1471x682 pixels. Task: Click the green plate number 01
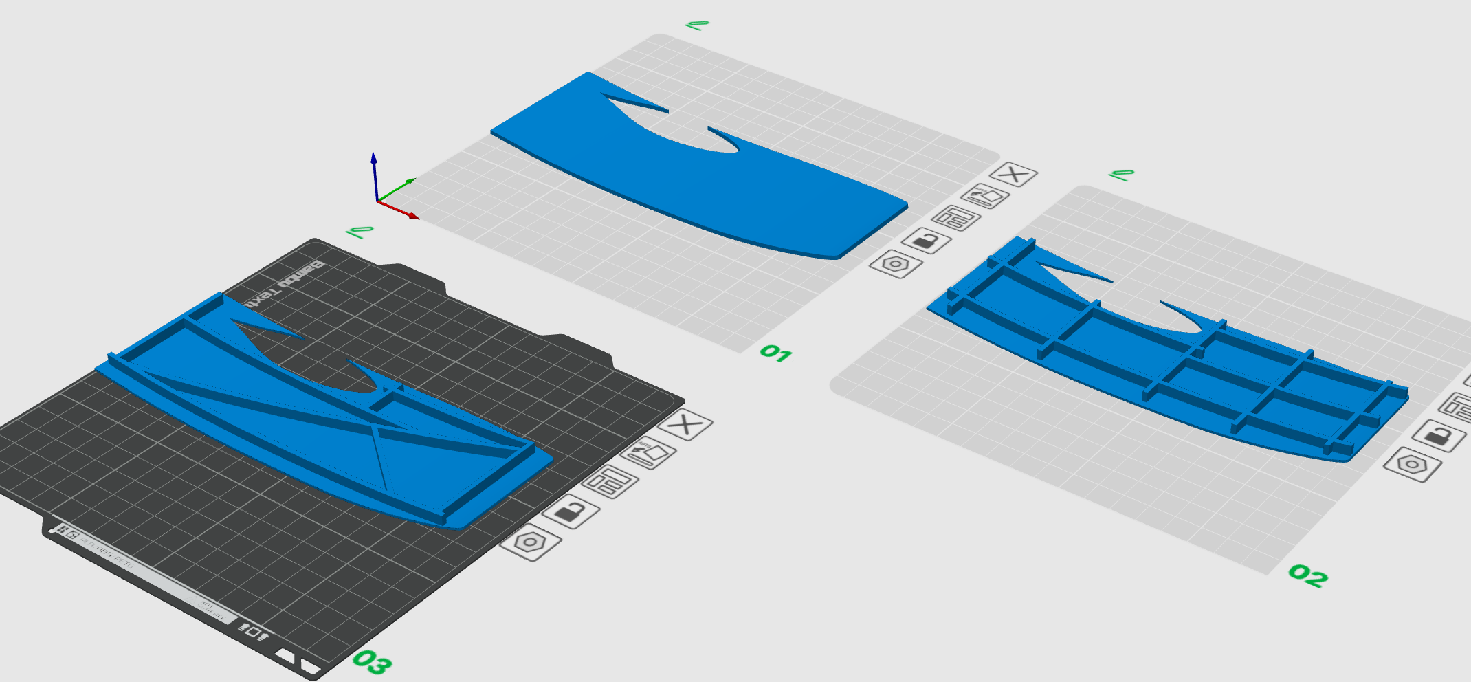point(775,353)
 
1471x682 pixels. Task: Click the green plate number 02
point(1307,575)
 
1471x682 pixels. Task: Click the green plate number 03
point(372,662)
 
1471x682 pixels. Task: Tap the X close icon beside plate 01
point(1013,175)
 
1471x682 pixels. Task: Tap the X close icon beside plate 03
point(685,425)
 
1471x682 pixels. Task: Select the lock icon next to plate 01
point(926,241)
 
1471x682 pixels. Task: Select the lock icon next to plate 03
point(570,511)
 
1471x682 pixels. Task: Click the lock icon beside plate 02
point(1439,435)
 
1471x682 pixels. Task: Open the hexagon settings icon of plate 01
point(896,264)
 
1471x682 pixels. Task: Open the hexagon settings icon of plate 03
point(530,542)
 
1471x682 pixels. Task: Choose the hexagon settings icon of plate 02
point(1412,464)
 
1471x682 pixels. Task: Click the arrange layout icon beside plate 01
point(955,219)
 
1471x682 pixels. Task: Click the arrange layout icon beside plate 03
point(609,481)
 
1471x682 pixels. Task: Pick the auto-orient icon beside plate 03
point(648,453)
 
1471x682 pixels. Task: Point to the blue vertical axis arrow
point(374,159)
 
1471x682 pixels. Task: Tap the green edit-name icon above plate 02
point(1121,175)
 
